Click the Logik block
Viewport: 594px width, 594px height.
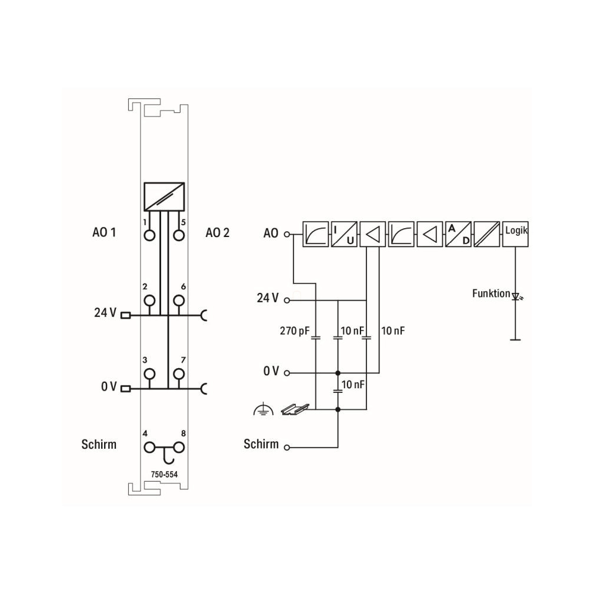click(x=515, y=234)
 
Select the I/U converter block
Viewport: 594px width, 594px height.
click(x=344, y=234)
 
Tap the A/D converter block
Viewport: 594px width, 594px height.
click(x=458, y=234)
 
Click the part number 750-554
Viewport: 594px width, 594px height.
click(x=164, y=474)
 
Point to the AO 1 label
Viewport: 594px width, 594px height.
click(x=104, y=232)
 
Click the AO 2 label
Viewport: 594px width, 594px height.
click(x=218, y=232)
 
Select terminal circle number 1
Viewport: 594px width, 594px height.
click(x=149, y=235)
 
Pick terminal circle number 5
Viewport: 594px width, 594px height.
click(x=179, y=235)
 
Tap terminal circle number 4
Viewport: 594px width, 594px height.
click(x=149, y=448)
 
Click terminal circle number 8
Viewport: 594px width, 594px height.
click(x=179, y=448)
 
